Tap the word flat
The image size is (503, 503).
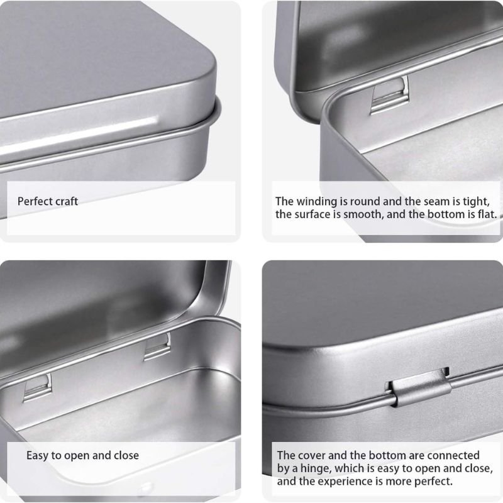point(487,214)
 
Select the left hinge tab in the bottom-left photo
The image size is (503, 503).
point(37,386)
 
